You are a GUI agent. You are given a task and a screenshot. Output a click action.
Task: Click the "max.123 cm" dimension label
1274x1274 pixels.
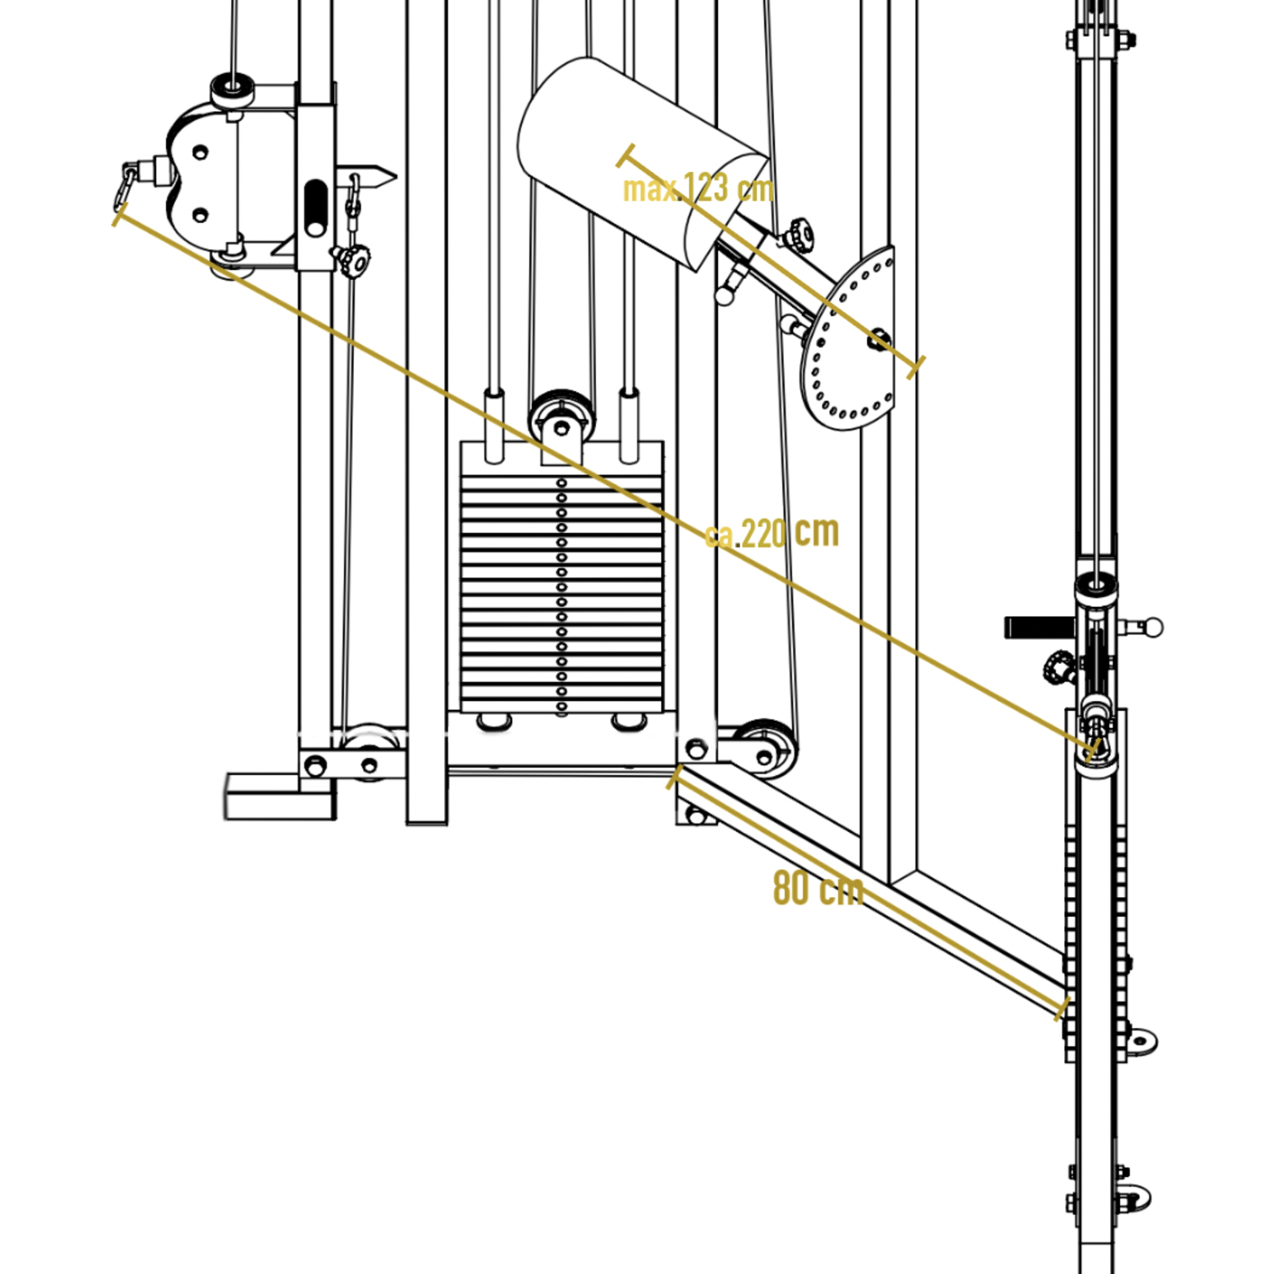tap(698, 188)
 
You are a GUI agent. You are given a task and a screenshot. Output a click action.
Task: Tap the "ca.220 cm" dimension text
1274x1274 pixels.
tap(771, 532)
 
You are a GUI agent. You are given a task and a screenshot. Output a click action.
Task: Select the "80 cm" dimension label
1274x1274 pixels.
tap(817, 888)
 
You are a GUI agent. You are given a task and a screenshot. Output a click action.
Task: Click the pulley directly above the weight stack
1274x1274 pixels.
tap(562, 416)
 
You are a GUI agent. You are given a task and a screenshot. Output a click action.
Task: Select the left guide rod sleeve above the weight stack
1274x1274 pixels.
tap(494, 426)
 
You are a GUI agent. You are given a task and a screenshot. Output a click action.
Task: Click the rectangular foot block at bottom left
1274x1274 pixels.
tap(280, 797)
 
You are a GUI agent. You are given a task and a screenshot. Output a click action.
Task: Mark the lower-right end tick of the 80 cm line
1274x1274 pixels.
tap(1062, 1009)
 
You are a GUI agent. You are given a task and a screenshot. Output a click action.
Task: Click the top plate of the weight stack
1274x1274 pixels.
tap(561, 458)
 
